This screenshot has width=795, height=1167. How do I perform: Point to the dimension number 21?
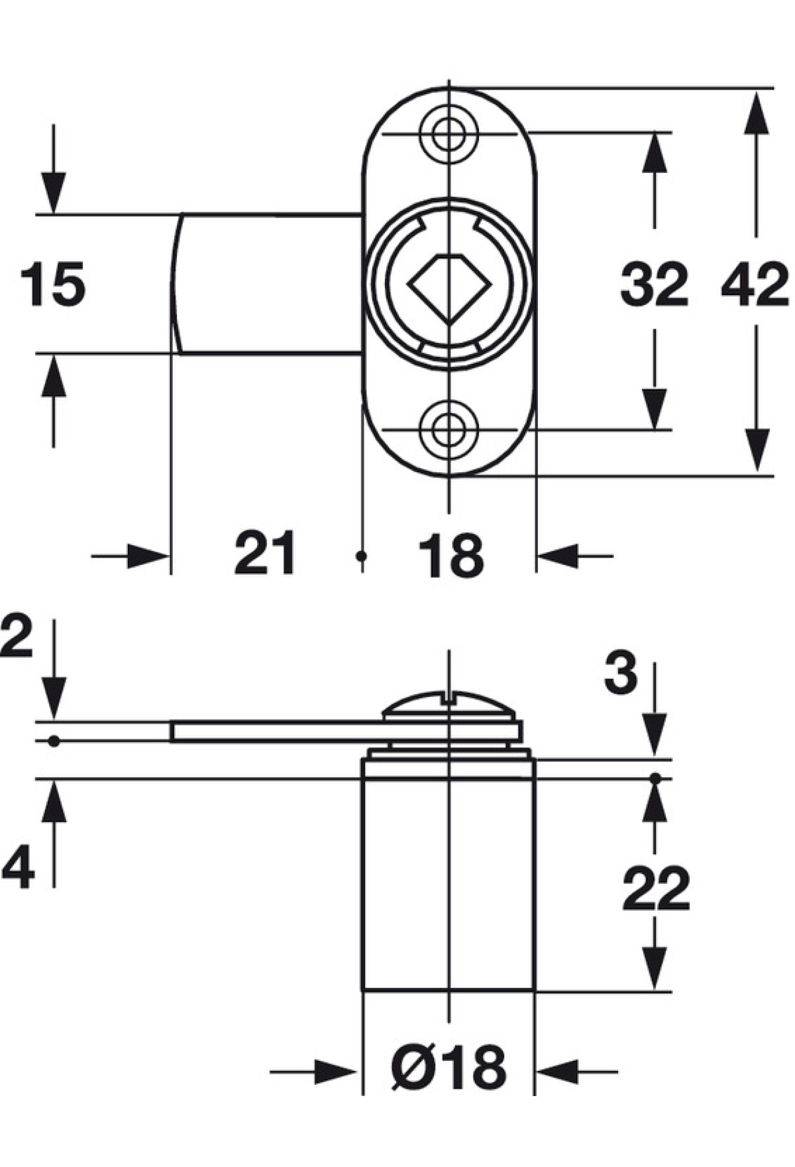pos(265,552)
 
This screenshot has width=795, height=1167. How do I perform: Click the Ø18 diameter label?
pos(449,1068)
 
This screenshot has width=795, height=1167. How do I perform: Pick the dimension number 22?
pos(656,889)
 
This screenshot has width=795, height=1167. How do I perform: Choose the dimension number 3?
pos(621,673)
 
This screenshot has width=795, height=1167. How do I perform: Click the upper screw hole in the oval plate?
pos(449,135)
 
